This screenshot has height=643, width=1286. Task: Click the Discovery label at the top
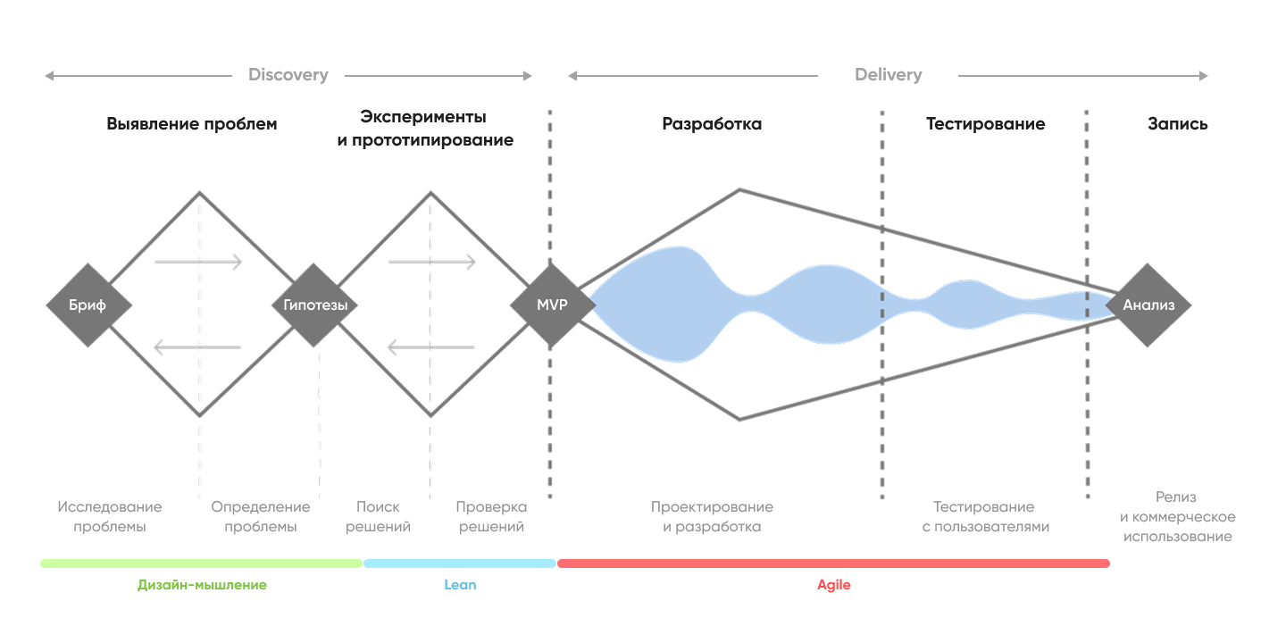288,75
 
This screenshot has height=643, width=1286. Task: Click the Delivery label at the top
888,75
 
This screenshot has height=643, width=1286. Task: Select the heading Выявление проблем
192,124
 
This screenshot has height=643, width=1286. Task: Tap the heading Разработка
712,124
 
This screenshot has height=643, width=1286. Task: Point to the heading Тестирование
985,124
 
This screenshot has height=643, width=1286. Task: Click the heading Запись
1177,124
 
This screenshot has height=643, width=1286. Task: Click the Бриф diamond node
88,305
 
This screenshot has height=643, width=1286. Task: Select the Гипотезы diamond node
315,305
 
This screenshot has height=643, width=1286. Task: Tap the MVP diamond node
552,305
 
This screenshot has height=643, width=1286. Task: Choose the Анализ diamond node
1148,305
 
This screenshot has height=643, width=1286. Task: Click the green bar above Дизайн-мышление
201,564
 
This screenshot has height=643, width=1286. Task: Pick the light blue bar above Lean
459,564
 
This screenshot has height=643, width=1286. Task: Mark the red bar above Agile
833,564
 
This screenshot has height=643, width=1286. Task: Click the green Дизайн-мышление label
202,585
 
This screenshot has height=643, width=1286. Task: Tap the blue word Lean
460,585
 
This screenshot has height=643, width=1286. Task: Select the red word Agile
834,585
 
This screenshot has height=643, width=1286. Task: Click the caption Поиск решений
378,517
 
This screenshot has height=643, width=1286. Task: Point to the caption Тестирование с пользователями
984,517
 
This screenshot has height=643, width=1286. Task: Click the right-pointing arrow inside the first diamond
198,262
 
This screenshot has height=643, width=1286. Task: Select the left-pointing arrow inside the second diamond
430,347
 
